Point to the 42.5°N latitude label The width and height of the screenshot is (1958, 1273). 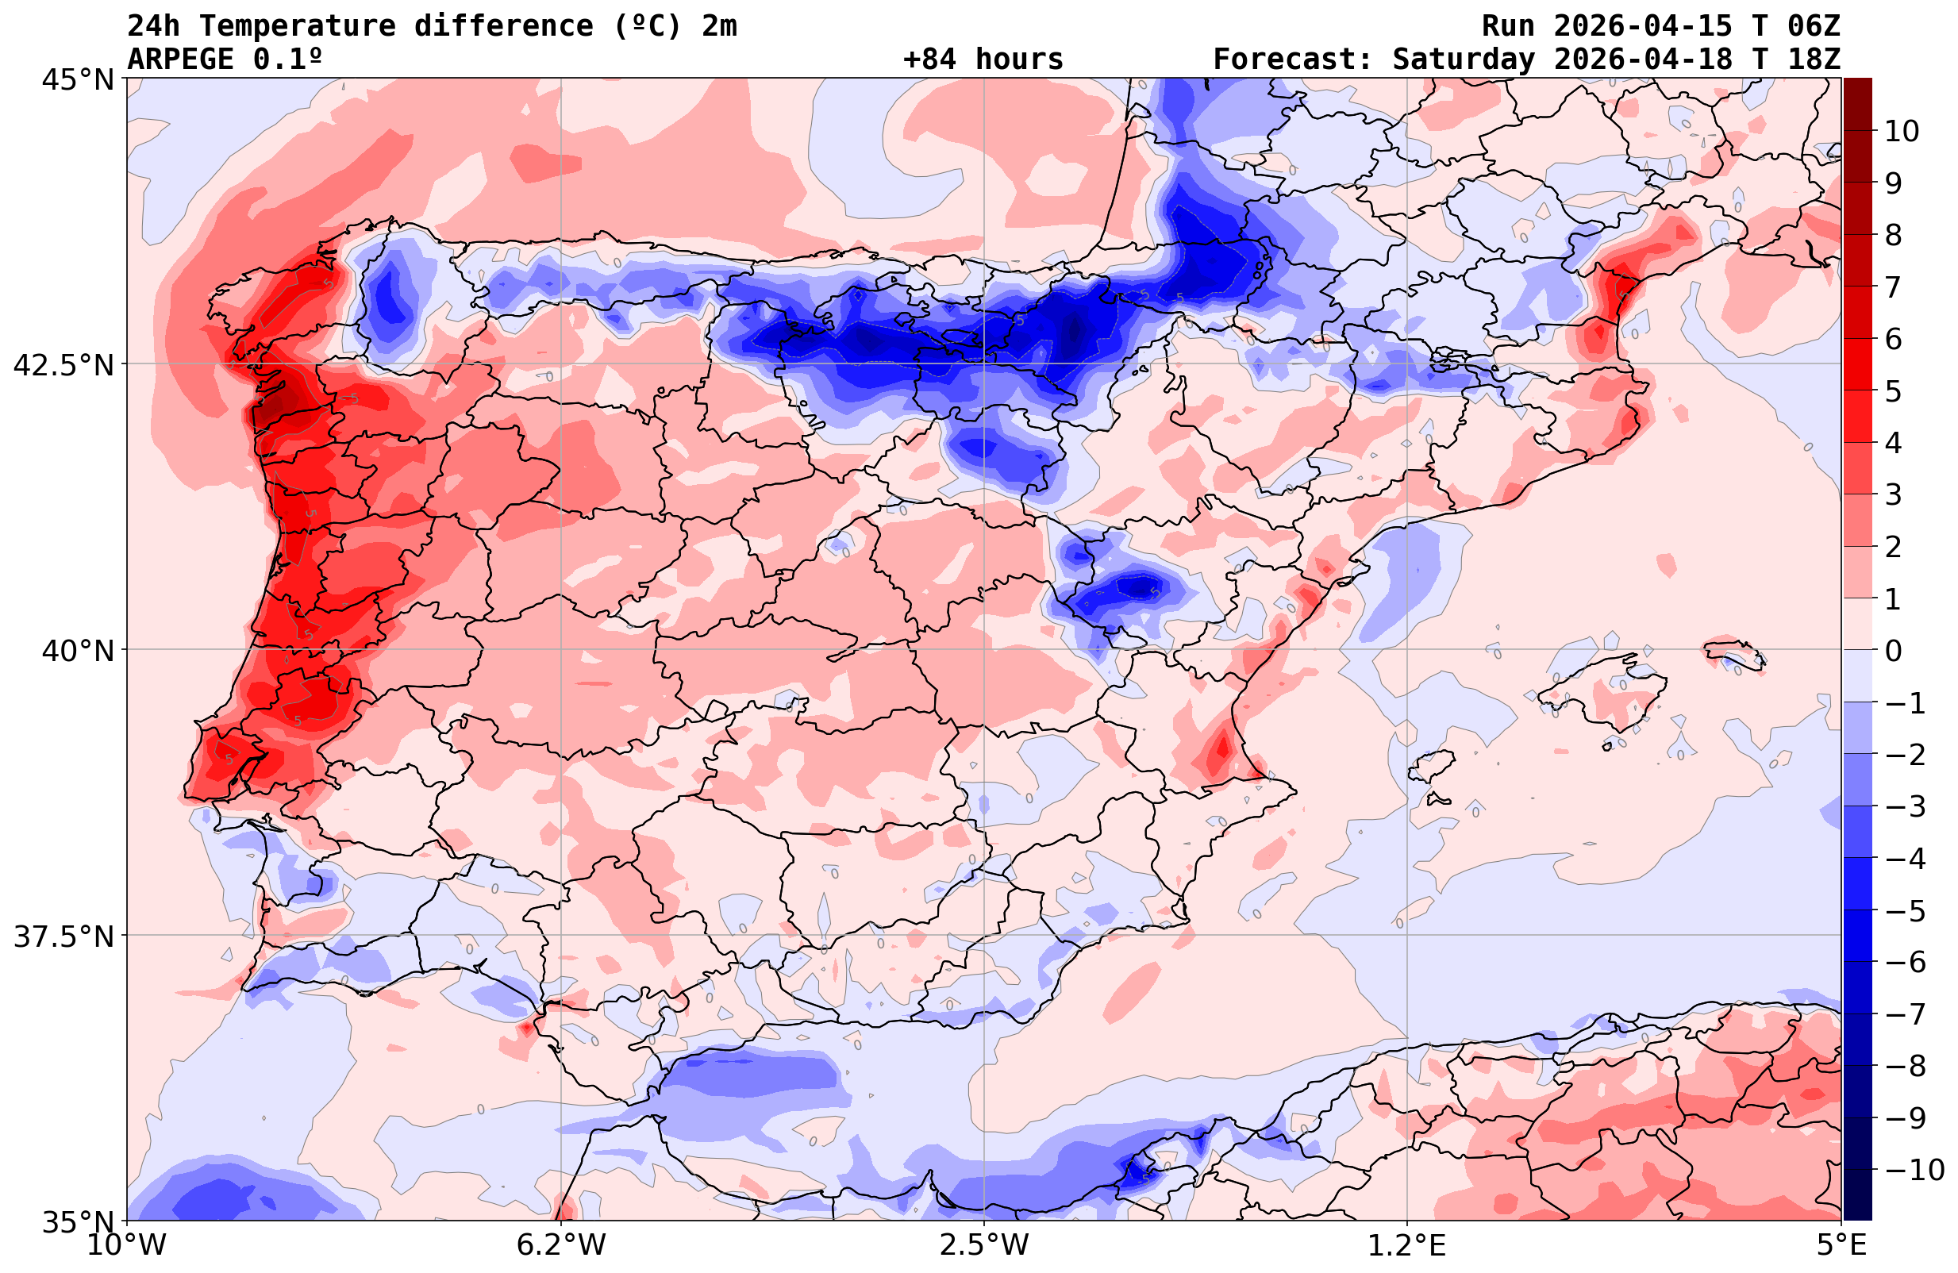[63, 365]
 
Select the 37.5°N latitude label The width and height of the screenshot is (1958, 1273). [63, 937]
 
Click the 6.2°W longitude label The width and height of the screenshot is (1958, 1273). [561, 1246]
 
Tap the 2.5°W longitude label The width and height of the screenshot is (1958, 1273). [984, 1246]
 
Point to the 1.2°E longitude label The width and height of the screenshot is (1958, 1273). [1407, 1246]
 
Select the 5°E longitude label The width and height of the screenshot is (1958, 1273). [1841, 1246]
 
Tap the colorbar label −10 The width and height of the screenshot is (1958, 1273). [1914, 1169]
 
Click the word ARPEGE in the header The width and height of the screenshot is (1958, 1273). [181, 60]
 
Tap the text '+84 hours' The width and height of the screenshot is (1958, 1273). [983, 60]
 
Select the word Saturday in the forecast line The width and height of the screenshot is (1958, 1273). [1464, 60]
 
